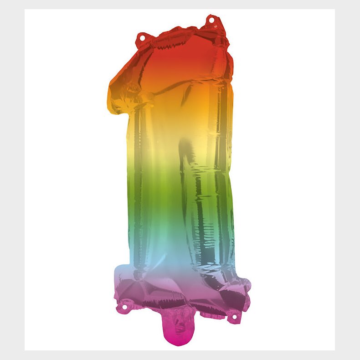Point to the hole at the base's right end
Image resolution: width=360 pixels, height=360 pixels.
click(x=236, y=316)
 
